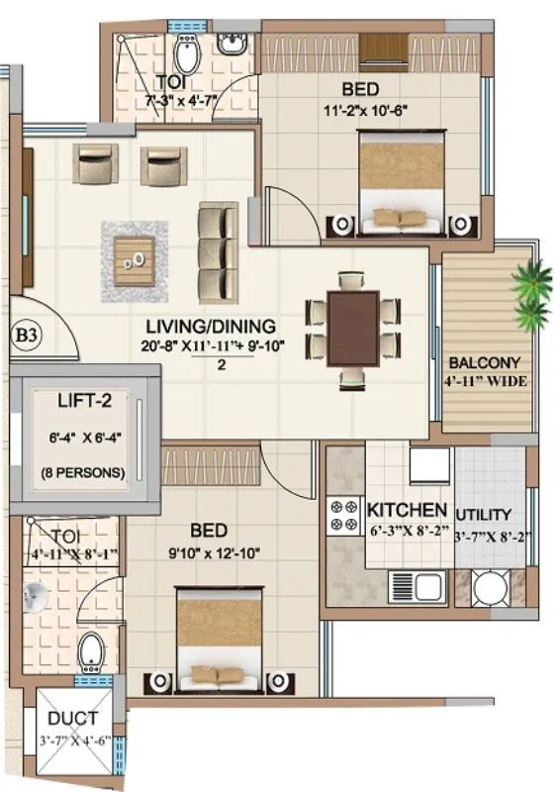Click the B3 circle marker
point(28,336)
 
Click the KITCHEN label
point(407,511)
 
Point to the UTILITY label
point(484,515)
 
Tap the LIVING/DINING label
point(211,326)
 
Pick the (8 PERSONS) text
point(83,472)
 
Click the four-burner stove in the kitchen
point(343,515)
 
